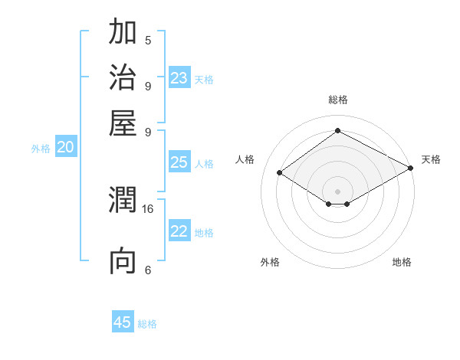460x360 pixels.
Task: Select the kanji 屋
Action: pos(123,123)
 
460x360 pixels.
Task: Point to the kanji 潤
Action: pos(123,201)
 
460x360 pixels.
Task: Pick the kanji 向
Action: pos(123,261)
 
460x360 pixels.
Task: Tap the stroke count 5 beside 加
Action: pos(148,41)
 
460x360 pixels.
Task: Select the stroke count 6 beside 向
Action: pos(148,270)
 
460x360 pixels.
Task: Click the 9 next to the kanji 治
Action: pos(148,85)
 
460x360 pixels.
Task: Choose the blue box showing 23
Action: pos(179,78)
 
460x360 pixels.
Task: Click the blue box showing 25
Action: pos(179,162)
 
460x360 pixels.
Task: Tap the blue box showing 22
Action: pos(179,231)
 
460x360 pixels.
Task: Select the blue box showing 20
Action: pos(65,148)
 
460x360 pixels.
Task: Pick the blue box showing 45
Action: pos(123,322)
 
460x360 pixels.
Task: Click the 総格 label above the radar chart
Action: pos(337,100)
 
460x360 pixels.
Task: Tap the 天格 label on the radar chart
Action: pos(431,160)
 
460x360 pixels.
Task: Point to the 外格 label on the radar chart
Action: pos(270,262)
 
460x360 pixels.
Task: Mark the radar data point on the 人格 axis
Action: pos(279,173)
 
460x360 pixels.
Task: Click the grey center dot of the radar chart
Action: pos(338,191)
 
